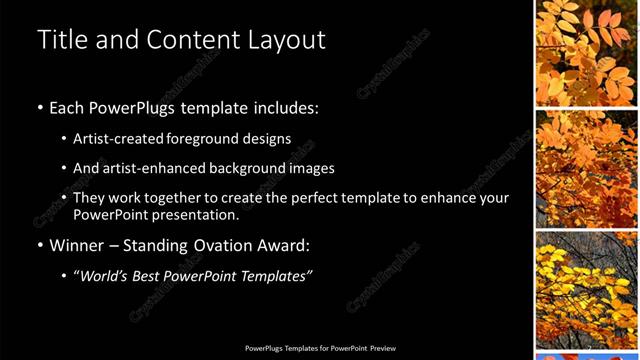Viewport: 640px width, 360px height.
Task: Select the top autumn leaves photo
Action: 585,52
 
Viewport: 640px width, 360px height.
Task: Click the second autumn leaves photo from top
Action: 585,168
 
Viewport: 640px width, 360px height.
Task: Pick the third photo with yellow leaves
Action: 585,289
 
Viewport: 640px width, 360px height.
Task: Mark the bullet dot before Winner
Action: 40,245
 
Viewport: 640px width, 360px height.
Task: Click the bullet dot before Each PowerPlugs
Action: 40,108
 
